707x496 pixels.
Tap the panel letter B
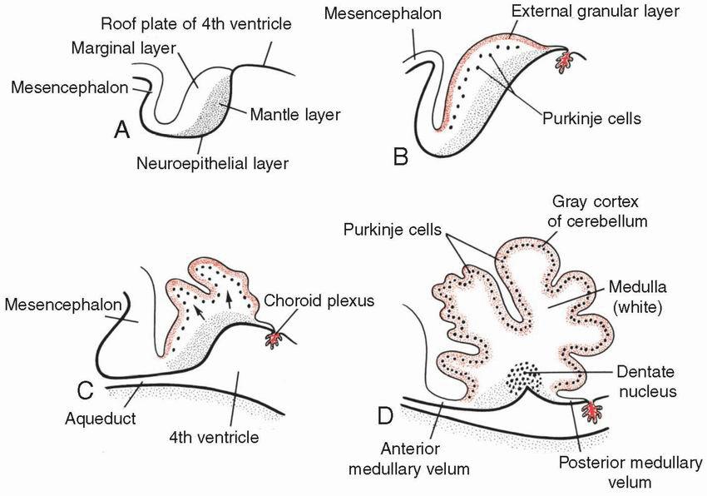pos(401,155)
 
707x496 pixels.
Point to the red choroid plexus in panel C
pos(275,340)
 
